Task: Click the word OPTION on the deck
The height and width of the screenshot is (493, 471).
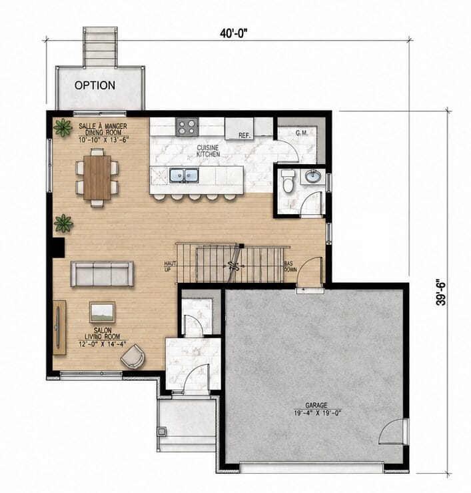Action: [95, 85]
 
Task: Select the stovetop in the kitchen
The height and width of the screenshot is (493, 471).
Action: [187, 127]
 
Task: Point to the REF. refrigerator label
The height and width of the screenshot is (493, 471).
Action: [244, 135]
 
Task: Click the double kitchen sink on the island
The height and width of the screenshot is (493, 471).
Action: [184, 175]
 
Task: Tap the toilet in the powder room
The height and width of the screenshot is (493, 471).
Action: [288, 181]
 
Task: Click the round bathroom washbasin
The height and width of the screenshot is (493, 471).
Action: [312, 176]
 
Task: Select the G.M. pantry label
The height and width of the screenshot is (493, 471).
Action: [302, 133]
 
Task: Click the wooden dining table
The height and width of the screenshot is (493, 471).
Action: [97, 177]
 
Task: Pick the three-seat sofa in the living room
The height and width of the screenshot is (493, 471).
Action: [102, 274]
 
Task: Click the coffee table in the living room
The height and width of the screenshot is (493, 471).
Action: [102, 312]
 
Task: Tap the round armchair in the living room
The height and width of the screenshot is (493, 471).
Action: [133, 356]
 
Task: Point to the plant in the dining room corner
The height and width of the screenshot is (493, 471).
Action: [63, 127]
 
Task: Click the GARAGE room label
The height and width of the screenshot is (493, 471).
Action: [316, 406]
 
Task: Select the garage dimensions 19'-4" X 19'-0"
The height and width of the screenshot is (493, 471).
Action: [317, 413]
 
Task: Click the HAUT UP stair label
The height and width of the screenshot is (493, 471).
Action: [170, 266]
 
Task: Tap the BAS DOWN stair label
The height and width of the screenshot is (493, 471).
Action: [290, 266]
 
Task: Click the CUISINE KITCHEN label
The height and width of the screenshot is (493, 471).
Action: [208, 151]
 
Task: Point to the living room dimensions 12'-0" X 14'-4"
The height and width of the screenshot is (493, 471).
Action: [103, 344]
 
